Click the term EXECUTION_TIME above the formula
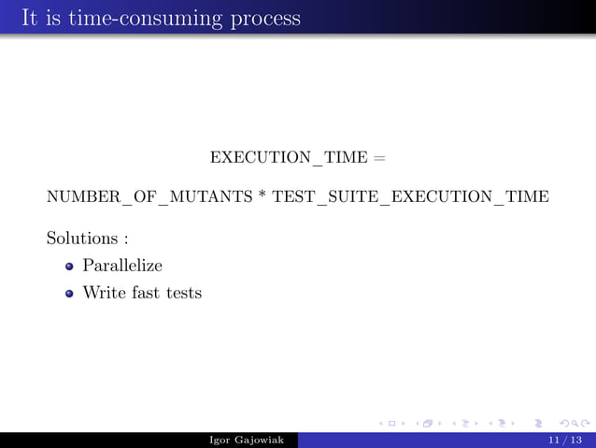(x=289, y=157)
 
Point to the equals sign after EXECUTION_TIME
(x=379, y=157)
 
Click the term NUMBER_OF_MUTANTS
(x=149, y=197)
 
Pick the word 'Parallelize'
(x=122, y=267)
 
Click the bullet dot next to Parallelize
(x=69, y=267)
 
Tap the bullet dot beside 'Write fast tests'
(x=69, y=294)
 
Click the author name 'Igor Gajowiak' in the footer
(x=252, y=440)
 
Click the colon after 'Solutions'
(x=126, y=238)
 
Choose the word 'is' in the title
(x=53, y=17)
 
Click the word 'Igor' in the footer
(x=222, y=440)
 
